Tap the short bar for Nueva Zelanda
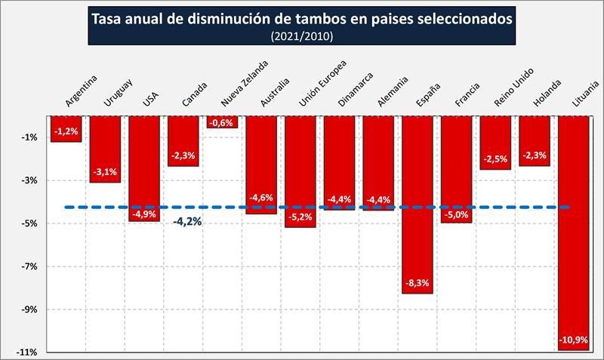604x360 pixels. tap(223, 122)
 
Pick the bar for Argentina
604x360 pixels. tap(66, 128)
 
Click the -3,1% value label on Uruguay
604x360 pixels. tap(106, 173)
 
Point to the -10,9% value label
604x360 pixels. tap(573, 340)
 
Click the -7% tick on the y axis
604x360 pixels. tap(30, 266)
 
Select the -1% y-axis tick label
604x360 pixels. tap(30, 137)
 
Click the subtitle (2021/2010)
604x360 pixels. tap(301, 35)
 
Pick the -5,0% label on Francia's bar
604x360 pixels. tap(456, 214)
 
